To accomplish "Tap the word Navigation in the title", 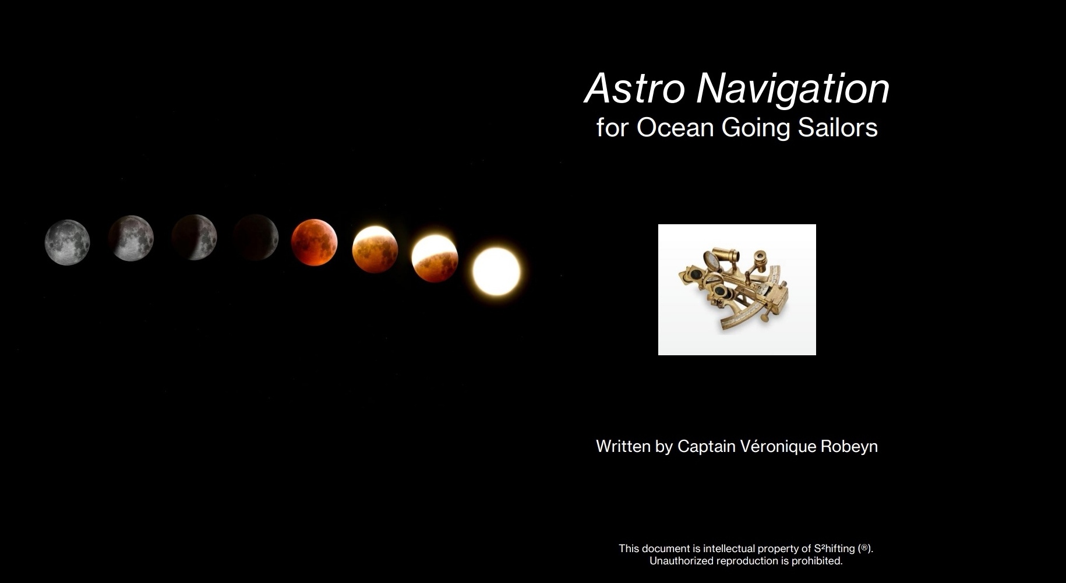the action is pos(793,90).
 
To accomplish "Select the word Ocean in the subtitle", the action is pos(675,128).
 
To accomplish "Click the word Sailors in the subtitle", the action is pos(838,128).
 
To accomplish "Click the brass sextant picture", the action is pos(737,289).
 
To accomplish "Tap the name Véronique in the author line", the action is pos(778,447).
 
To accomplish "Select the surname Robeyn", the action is pos(849,447).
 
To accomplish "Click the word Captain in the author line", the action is pos(706,447).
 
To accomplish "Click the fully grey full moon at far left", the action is pos(68,242).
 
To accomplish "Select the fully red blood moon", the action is pos(314,242).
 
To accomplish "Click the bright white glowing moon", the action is pos(496,271).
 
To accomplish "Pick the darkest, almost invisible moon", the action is pos(255,238).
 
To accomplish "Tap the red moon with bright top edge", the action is pos(375,249).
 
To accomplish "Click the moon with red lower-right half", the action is pos(435,259).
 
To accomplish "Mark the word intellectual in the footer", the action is pos(729,549).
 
